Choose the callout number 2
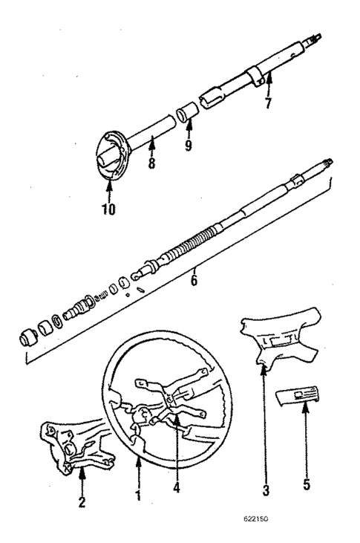coord(82,502)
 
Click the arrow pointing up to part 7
coord(269,83)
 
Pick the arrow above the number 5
coord(307,423)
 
